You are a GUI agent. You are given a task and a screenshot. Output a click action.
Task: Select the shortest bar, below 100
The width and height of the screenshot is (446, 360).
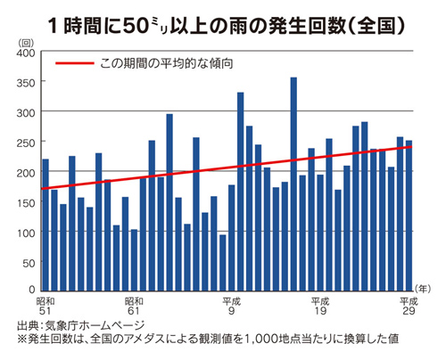click(222, 262)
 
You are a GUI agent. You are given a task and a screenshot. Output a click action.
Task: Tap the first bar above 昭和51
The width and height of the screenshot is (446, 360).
click(45, 224)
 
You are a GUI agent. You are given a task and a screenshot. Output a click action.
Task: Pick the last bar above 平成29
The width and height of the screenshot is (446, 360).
click(409, 215)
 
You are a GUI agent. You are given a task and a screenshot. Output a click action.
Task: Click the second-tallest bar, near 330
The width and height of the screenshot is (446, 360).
click(240, 191)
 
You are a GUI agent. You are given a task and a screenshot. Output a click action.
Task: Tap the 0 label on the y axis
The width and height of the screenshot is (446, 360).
click(30, 290)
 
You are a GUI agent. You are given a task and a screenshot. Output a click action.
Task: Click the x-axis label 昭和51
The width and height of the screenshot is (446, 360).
click(46, 307)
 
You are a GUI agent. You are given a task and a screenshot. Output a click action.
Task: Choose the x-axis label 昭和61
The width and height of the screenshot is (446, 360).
click(135, 307)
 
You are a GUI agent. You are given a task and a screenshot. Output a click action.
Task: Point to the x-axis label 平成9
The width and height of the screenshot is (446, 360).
click(230, 307)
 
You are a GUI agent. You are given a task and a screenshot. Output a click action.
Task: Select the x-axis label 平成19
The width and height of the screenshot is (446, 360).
click(319, 307)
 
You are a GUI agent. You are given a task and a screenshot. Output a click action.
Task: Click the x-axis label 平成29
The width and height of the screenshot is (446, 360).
click(408, 307)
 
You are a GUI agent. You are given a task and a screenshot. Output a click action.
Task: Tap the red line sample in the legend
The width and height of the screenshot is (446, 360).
click(74, 64)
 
